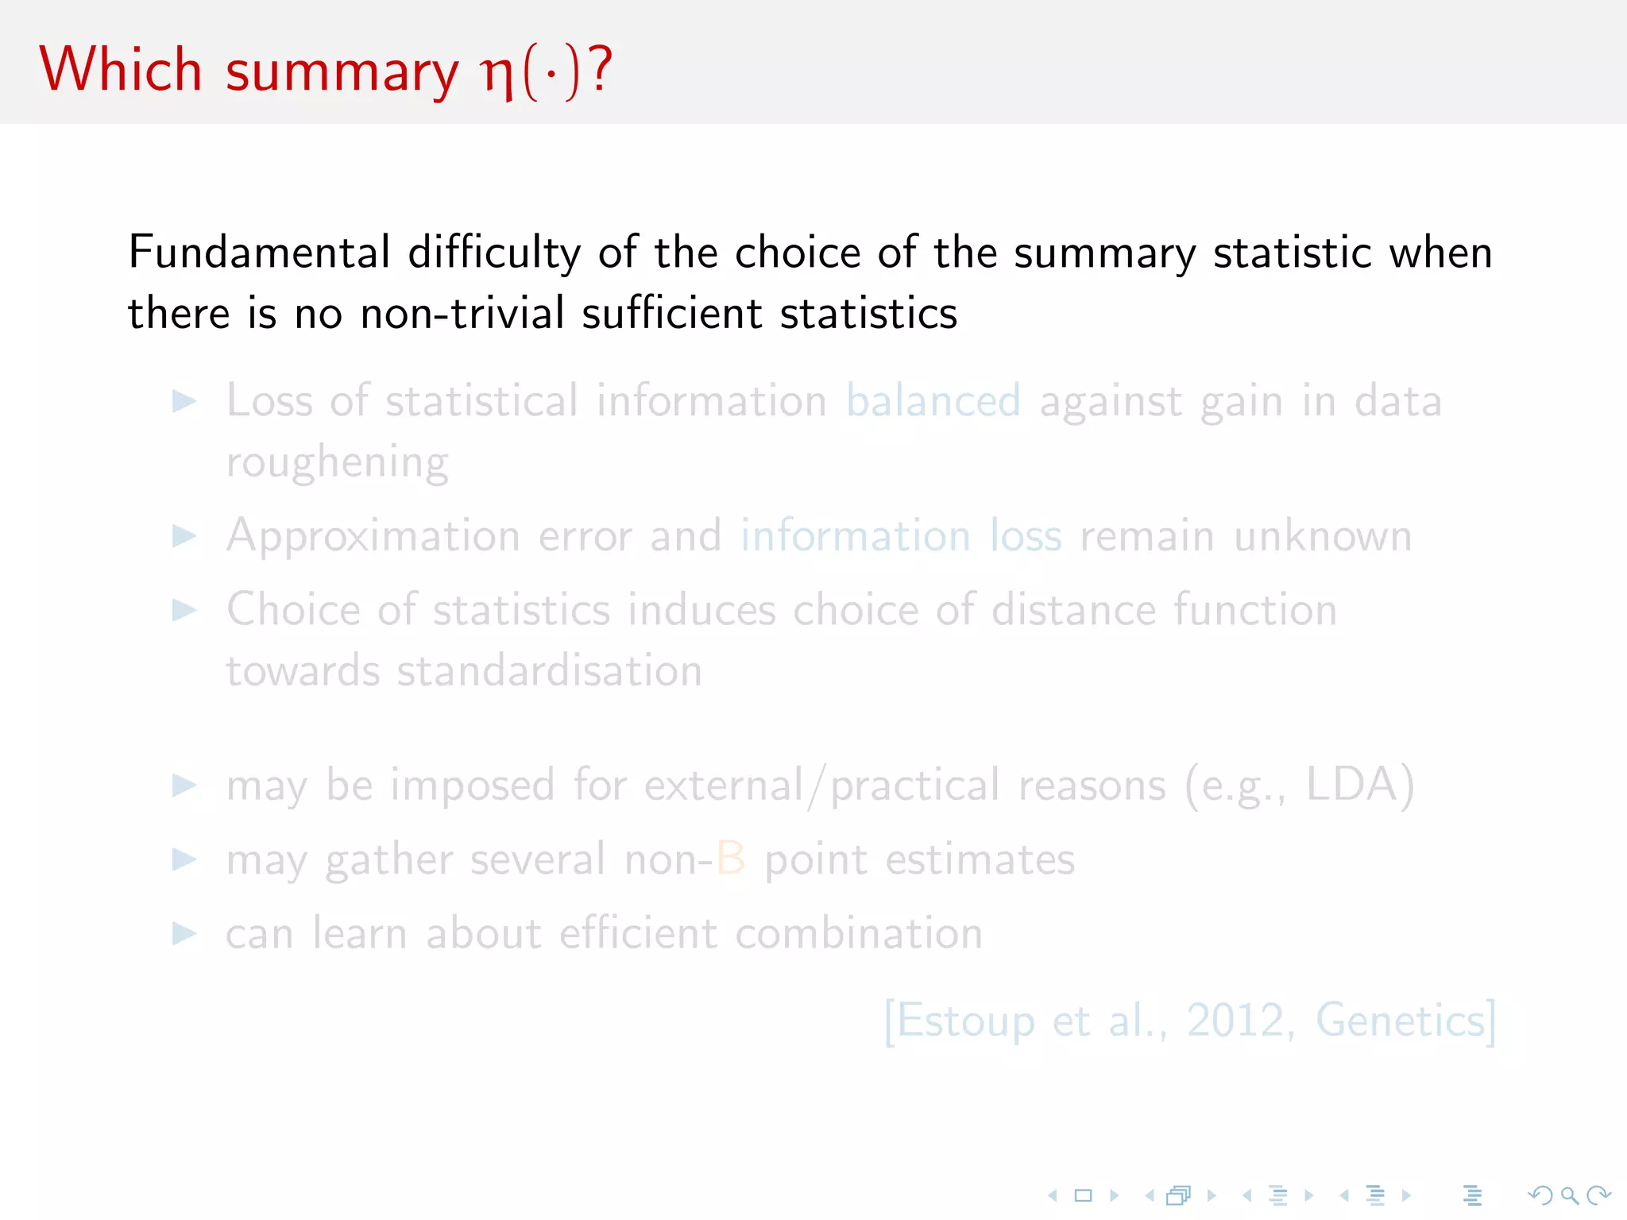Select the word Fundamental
259,253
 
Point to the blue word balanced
933,400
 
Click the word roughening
337,462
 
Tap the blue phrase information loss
901,536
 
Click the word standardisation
549,671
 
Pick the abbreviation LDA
1351,785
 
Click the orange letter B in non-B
731,859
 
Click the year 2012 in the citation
1235,1021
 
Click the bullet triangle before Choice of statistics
184,610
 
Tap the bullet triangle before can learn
184,933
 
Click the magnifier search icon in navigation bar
1569,1195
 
